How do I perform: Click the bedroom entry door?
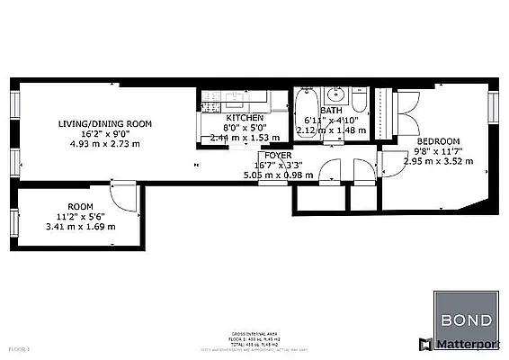[388, 162]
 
